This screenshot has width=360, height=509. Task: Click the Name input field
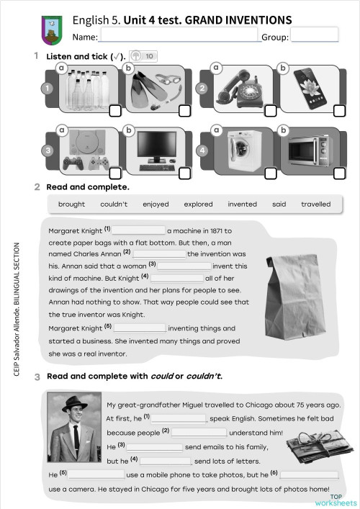[180, 36]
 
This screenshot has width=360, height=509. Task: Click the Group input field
[314, 36]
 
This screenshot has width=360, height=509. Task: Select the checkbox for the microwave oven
[338, 174]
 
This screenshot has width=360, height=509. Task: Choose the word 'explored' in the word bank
[198, 204]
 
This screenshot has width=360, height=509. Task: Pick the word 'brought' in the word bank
[71, 204]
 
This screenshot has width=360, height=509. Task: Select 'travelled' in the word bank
[315, 204]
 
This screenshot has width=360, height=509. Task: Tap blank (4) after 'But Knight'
[177, 277]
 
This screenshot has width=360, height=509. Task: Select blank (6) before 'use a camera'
[308, 475]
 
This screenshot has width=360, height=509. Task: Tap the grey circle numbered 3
[48, 150]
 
